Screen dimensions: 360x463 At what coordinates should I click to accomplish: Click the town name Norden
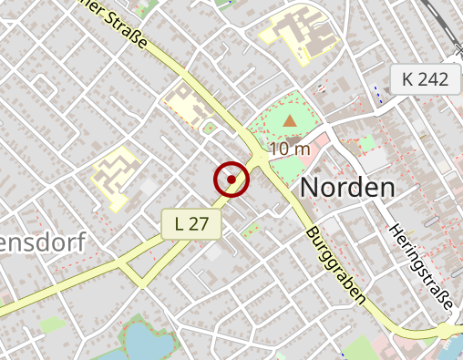click(347, 189)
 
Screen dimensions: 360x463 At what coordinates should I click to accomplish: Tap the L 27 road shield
click(191, 223)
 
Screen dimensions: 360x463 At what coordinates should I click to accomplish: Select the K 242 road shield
click(425, 79)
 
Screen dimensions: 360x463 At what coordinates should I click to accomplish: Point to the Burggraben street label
click(336, 264)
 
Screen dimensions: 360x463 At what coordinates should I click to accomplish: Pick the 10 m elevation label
click(291, 148)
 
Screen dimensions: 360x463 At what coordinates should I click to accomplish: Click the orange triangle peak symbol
click(290, 120)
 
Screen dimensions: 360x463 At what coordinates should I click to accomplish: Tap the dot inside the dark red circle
click(232, 180)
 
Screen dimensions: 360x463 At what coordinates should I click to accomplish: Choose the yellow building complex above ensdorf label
click(115, 175)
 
